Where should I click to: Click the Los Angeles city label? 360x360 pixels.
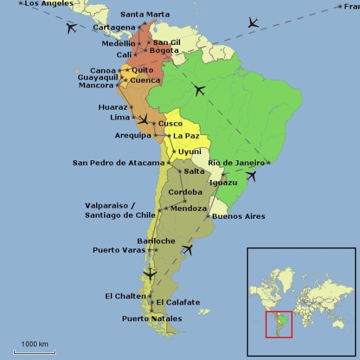[44, 4]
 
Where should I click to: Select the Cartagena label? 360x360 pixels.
[114, 28]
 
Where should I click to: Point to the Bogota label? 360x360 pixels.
[164, 51]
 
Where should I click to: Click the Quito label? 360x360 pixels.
[142, 70]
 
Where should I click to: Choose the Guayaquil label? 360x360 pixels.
[97, 78]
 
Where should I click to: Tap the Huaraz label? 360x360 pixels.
[113, 107]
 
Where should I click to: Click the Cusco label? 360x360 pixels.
[170, 124]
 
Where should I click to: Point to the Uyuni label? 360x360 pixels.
[189, 152]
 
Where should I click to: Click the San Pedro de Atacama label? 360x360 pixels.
[118, 163]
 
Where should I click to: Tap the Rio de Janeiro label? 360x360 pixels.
[236, 163]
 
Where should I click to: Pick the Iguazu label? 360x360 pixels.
[223, 183]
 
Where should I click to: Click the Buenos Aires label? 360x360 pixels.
[239, 216]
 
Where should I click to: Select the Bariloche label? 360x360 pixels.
[156, 241]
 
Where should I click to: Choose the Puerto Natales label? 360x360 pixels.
[152, 319]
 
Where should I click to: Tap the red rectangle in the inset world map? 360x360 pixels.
[279, 324]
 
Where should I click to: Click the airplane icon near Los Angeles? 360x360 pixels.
[71, 28]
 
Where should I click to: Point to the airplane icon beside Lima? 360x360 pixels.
[143, 119]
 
